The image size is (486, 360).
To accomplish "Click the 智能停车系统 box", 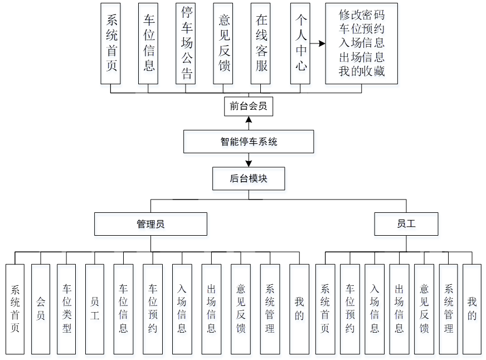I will coord(249,142).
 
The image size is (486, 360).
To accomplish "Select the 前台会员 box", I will coord(249,106).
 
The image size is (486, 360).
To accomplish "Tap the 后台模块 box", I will coord(249,179).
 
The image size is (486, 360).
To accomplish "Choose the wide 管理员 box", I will coord(150,224).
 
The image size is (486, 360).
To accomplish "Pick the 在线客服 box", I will coord(261,43).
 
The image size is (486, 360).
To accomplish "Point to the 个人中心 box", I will coord(301,43).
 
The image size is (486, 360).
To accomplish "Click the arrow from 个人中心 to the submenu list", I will coord(318,43).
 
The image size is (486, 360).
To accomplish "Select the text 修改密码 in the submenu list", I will coord(361,14).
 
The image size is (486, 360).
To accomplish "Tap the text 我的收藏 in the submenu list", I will coord(361,71).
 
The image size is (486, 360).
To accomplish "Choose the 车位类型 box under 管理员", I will coord(67,309).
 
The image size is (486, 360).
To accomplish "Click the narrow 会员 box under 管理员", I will coord(41,309).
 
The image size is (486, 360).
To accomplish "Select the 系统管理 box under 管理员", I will coord(270,309).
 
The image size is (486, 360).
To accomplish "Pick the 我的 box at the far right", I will coord(472,309).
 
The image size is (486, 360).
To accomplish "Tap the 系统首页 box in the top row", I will coord(111,43).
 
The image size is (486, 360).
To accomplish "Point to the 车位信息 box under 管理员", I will coord(123,309).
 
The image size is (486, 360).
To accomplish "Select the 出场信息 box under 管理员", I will coord(211,309).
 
